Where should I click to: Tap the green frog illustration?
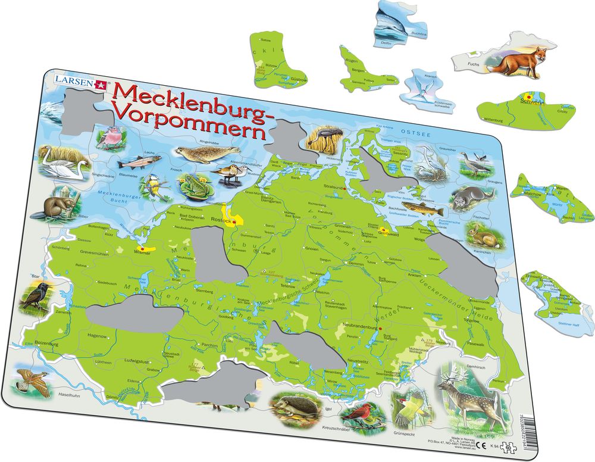click(x=192, y=186)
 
